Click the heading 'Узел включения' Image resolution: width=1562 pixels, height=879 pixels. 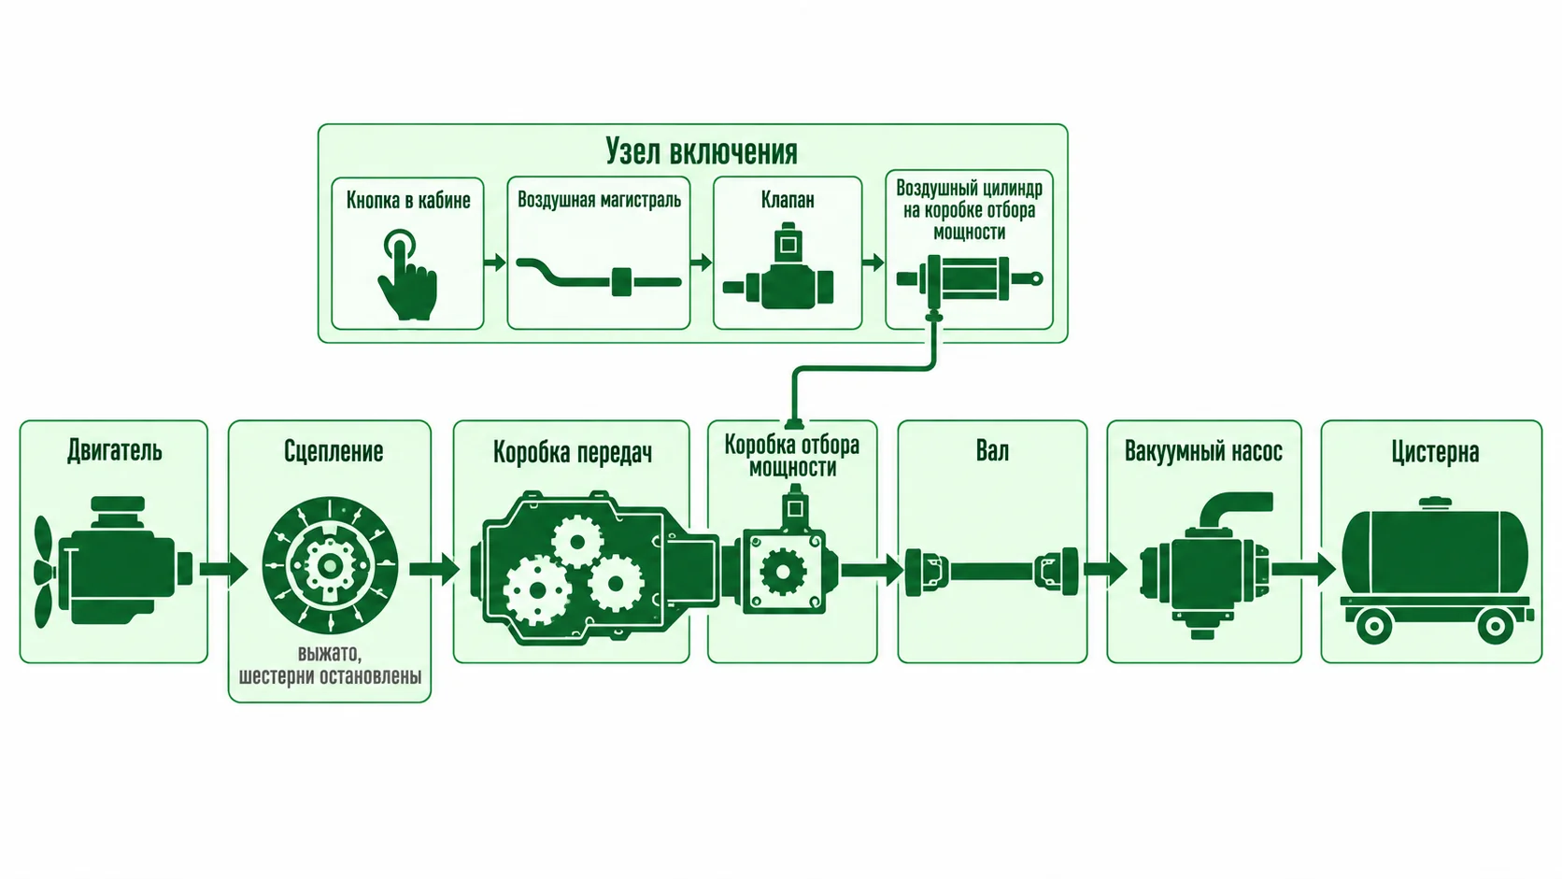pos(701,151)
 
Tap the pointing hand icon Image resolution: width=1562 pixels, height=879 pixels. pos(407,276)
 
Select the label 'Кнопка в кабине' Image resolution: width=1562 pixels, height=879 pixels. pos(408,200)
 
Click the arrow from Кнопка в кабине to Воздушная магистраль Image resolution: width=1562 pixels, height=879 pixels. pos(495,262)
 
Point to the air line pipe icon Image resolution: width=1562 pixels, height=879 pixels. pos(598,278)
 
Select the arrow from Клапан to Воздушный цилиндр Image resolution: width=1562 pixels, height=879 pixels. pos(873,262)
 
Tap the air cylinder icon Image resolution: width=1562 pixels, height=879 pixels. pos(970,279)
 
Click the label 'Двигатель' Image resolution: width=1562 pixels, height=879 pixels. pos(114,451)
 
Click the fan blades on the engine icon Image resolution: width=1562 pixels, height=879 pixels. pos(44,572)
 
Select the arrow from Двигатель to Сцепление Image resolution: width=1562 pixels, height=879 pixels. pos(224,569)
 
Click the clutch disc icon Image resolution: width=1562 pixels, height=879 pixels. pos(330,564)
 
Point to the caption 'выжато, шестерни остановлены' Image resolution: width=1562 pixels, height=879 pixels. pos(330,665)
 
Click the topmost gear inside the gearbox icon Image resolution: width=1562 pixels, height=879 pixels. pos(576,542)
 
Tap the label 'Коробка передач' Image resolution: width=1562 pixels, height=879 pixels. pos(573,452)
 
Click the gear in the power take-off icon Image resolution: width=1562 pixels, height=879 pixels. pos(783,572)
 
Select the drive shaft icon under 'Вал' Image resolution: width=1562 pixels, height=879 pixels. pos(991,572)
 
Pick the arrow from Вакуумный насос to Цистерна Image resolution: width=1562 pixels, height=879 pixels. pos(1303,570)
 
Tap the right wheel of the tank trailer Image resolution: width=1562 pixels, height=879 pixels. pos(1496,626)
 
